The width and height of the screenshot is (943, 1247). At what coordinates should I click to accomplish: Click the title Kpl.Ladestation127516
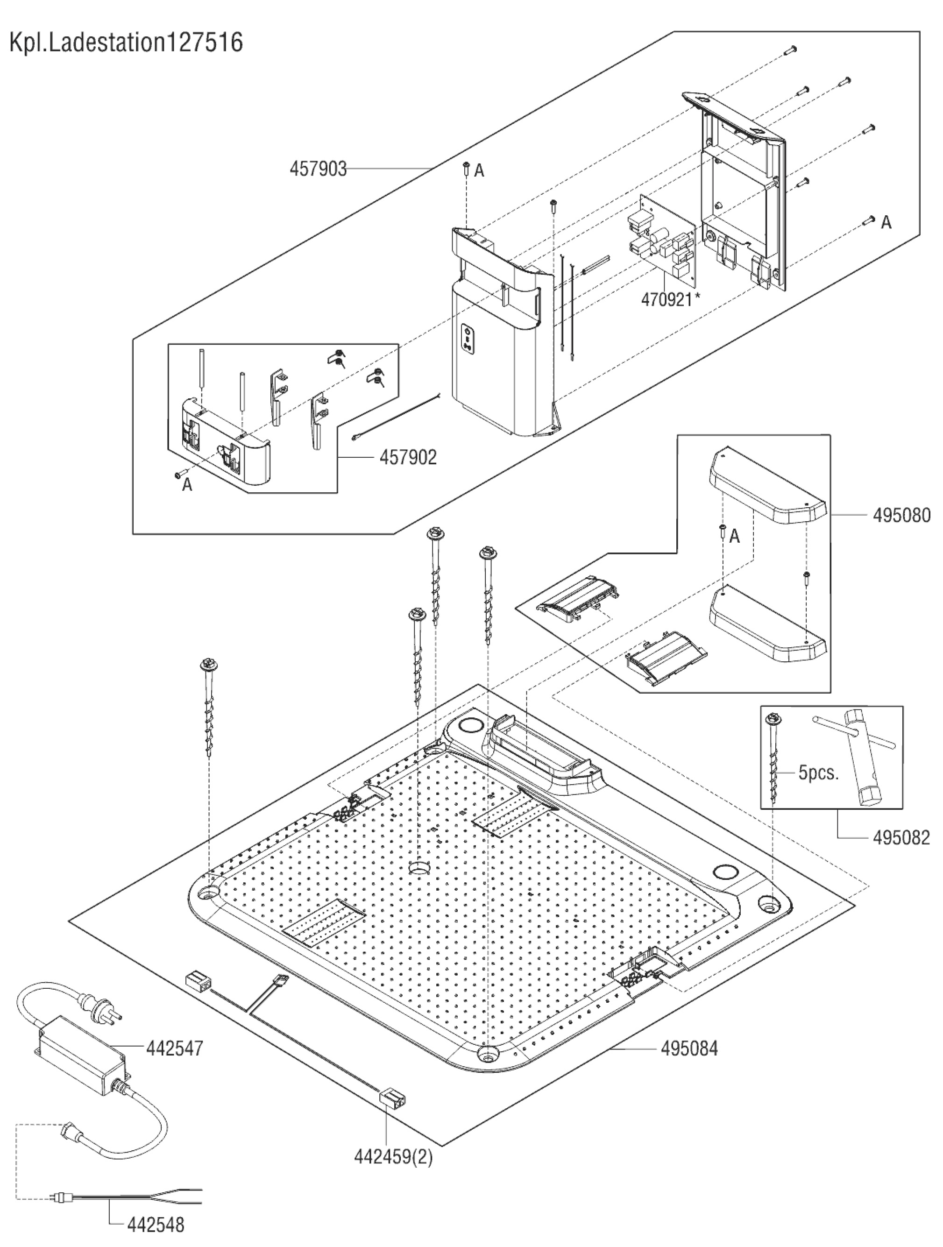point(126,43)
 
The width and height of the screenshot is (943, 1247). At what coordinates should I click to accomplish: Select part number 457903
point(318,169)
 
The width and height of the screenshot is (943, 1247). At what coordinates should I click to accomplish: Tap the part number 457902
point(408,457)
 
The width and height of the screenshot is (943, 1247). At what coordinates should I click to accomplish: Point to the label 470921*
point(670,299)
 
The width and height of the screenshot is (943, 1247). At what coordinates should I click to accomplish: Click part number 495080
point(902,515)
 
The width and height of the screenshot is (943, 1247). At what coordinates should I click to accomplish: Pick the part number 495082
point(901,838)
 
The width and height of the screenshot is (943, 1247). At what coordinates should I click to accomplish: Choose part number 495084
point(689,1049)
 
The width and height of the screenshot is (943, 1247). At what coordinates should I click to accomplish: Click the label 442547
point(174,1049)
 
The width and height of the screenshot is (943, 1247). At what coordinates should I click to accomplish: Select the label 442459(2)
point(393,1157)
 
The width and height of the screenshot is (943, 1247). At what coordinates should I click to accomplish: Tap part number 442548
point(156,1224)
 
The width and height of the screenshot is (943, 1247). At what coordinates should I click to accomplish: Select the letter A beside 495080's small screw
point(734,536)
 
